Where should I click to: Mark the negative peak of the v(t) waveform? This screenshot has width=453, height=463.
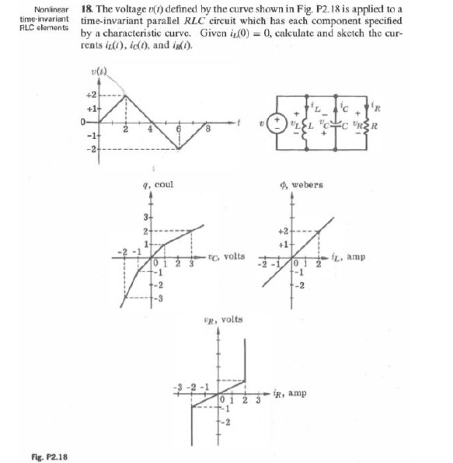coord(179,148)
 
